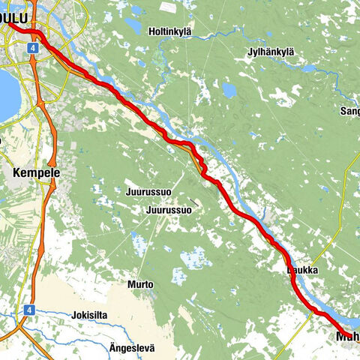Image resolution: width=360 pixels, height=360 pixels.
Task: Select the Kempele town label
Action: click(35, 172)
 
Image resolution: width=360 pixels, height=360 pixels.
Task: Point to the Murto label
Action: click(140, 285)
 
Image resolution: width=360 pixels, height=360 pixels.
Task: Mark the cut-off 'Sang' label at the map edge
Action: click(349, 111)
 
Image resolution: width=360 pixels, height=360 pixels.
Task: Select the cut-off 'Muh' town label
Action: click(346, 350)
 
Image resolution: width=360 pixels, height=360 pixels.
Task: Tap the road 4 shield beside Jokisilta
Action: click(28, 309)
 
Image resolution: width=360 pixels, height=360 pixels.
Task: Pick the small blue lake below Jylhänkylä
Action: click(229, 90)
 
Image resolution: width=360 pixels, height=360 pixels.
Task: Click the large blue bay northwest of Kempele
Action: click(6, 94)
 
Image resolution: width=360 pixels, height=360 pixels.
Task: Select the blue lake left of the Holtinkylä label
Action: click(133, 25)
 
